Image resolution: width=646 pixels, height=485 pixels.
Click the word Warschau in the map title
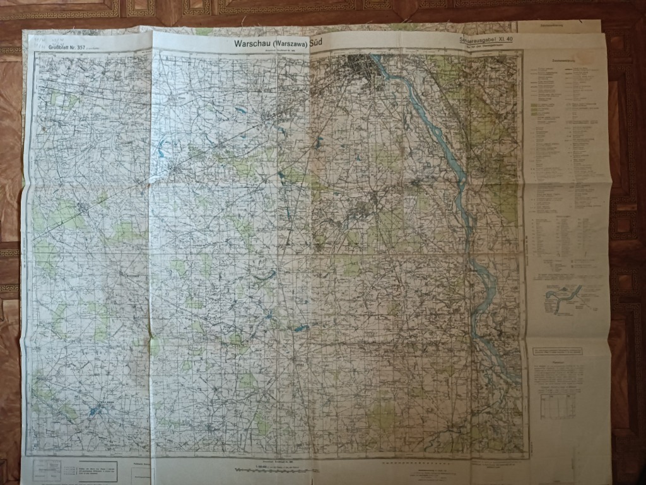click(x=253, y=44)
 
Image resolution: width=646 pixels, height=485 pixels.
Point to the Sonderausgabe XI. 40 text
click(x=491, y=39)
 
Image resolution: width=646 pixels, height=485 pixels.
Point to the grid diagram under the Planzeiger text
click(x=558, y=404)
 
